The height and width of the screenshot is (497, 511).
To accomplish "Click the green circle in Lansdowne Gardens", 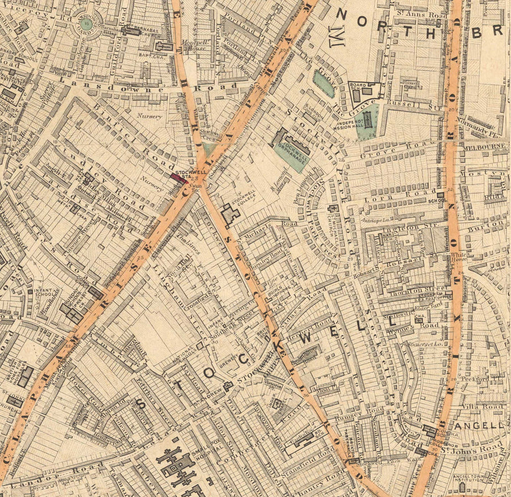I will tap(86, 24).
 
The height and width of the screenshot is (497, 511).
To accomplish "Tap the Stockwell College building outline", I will tap(230, 214).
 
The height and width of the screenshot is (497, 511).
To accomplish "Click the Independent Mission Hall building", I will tap(367, 120).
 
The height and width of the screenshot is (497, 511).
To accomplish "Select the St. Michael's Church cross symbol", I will tap(332, 209).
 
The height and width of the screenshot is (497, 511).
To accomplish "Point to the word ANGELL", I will tap(486, 425).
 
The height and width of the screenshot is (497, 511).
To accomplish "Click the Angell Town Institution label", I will tap(467, 480).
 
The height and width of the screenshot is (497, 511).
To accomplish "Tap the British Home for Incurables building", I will tap(25, 376).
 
